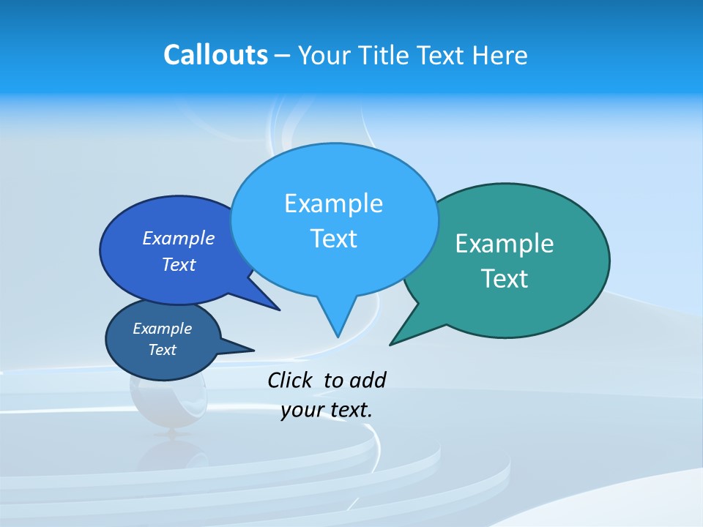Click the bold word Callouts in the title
click(215, 55)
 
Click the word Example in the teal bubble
click(505, 244)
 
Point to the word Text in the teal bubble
click(505, 279)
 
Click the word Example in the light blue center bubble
click(333, 203)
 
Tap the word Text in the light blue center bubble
click(333, 239)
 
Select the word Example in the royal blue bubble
click(179, 238)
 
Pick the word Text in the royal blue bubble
click(179, 264)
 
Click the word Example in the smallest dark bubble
click(162, 329)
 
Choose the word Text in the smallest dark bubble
click(162, 350)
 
